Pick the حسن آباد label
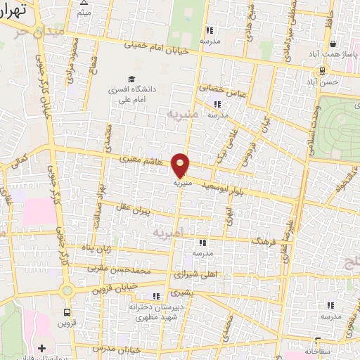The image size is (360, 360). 327,82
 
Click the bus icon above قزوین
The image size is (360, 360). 67,311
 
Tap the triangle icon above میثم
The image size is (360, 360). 84,4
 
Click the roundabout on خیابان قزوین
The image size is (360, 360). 66,290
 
